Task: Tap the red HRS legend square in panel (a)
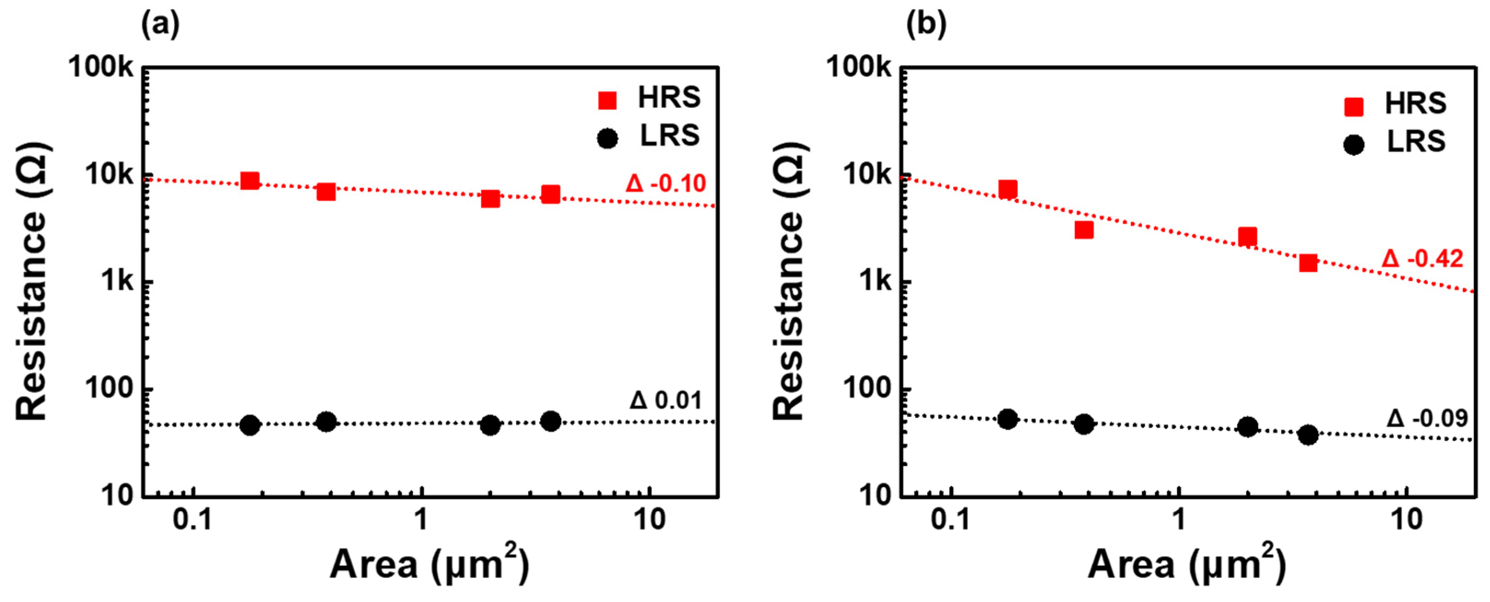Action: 607,100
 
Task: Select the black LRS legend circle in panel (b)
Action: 1354,145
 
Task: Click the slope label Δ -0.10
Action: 666,184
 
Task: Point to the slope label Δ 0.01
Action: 666,400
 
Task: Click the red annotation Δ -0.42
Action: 1423,259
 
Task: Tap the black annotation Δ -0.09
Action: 1427,418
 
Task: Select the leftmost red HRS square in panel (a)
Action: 249,181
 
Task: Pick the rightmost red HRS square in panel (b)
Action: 1308,263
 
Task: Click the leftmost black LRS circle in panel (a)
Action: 249,425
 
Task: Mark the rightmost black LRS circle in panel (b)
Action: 1308,435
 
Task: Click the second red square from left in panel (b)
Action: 1084,230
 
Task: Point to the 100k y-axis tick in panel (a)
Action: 101,67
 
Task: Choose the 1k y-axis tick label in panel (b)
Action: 876,281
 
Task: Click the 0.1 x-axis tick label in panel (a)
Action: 193,520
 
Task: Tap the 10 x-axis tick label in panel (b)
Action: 1406,520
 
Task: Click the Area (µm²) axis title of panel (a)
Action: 429,564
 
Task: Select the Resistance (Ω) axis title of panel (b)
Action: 789,281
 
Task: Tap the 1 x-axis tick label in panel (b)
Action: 1178,520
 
